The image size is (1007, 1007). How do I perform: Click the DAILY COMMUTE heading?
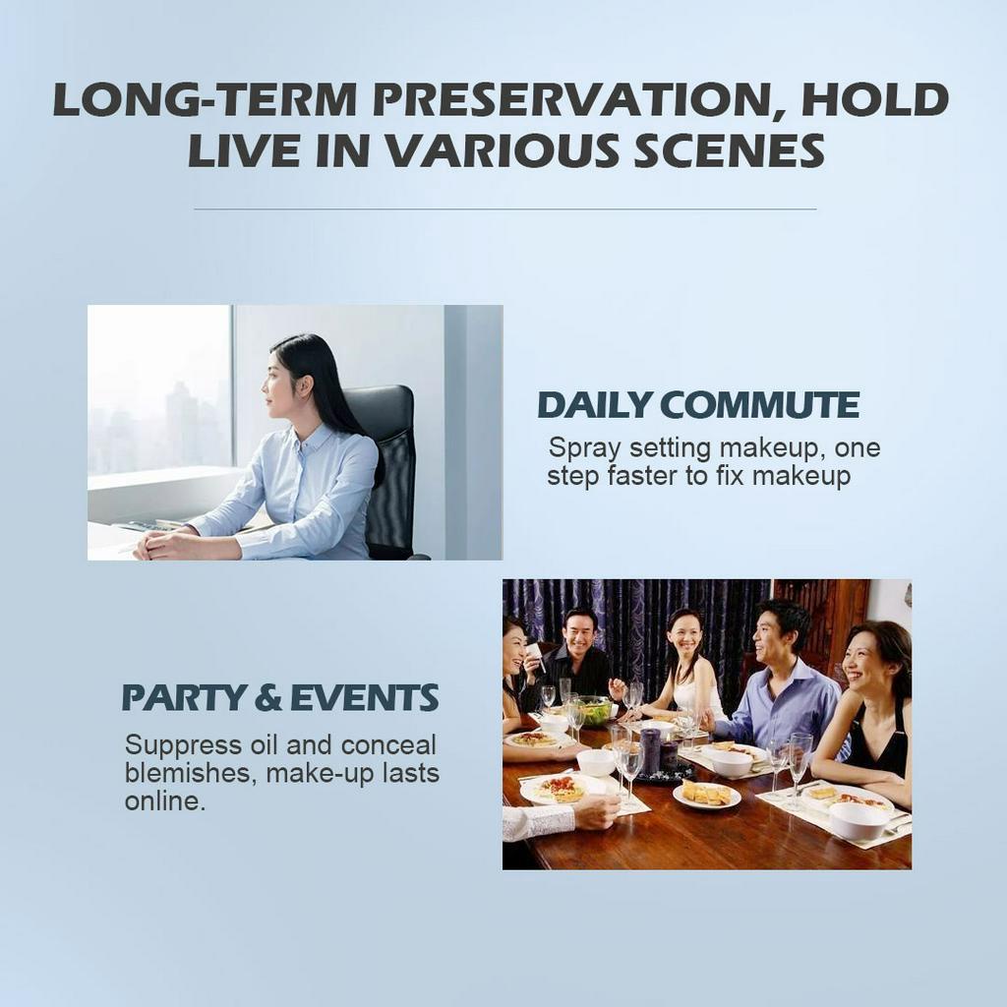(x=698, y=404)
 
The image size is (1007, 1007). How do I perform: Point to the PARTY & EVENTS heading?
(x=280, y=697)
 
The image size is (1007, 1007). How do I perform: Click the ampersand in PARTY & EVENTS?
(x=267, y=698)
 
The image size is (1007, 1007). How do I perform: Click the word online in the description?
(x=165, y=800)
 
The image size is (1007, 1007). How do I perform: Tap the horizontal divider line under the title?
(x=504, y=208)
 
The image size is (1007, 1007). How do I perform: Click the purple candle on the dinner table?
(x=651, y=750)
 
